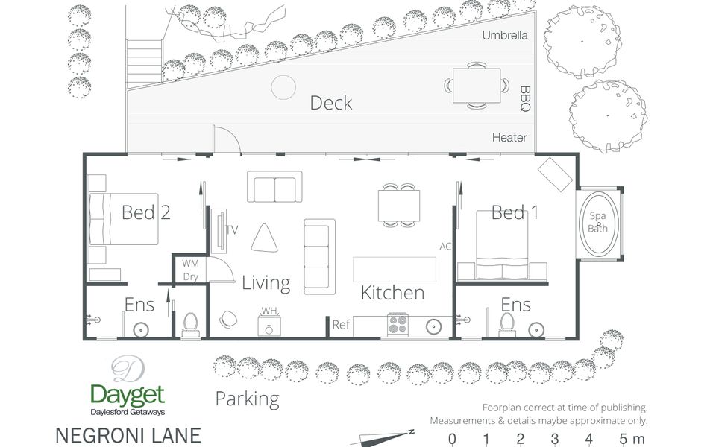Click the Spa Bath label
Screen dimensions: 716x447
(x=597, y=222)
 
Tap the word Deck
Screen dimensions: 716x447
(x=331, y=103)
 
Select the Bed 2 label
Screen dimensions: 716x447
(x=146, y=212)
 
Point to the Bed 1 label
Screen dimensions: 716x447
(x=515, y=212)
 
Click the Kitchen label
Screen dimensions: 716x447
(x=392, y=293)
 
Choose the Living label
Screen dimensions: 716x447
(x=266, y=283)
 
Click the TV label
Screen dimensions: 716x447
(x=232, y=230)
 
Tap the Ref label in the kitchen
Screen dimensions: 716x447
(x=341, y=325)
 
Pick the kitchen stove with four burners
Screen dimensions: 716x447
(x=398, y=325)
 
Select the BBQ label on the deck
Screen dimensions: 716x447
(x=525, y=98)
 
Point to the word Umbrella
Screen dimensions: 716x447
(x=505, y=35)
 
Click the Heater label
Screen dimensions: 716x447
(x=509, y=137)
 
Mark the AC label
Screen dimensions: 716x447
(x=445, y=247)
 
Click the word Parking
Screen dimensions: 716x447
(x=247, y=399)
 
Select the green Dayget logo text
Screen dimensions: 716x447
(x=128, y=396)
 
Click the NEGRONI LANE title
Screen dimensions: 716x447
(x=128, y=436)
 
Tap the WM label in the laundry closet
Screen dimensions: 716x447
(x=190, y=264)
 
